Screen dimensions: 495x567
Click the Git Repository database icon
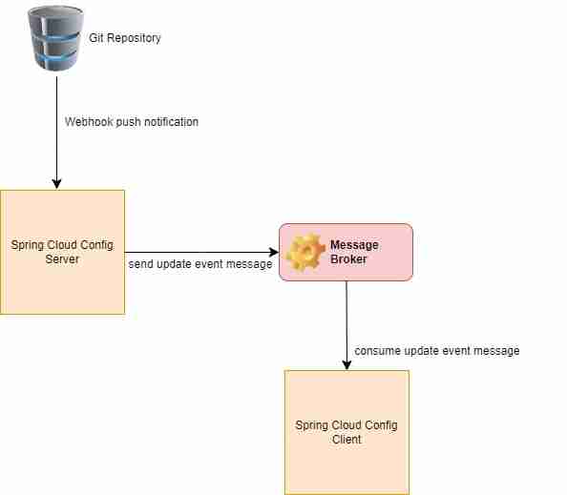56,38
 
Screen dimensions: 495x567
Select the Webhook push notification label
132,122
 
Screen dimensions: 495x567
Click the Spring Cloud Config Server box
62,252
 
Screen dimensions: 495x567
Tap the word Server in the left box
62,259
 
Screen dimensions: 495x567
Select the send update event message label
200,264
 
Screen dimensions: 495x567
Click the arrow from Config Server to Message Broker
200,252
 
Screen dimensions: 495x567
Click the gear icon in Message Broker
305,253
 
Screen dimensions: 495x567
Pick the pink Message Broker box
346,252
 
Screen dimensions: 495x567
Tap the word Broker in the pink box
348,259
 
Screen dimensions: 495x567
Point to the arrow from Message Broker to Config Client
346,324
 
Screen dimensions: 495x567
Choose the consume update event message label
437,351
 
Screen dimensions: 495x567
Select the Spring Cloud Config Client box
346,431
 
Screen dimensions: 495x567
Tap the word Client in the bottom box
346,440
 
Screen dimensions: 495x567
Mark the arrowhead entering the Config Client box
346,364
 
